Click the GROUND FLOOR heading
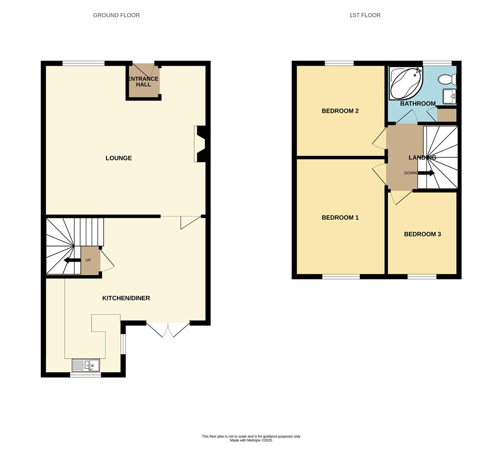click(116, 15)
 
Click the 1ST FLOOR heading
click(365, 15)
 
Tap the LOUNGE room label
click(118, 158)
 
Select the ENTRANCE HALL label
click(143, 81)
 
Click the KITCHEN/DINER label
click(126, 298)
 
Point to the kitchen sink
click(86, 365)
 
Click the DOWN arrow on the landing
click(426, 173)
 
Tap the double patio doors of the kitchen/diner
click(168, 330)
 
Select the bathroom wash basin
click(449, 96)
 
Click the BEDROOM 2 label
click(340, 111)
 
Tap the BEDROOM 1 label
click(340, 218)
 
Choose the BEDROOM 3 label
click(422, 234)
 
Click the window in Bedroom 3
click(422, 277)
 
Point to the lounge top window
click(83, 64)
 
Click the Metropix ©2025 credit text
click(251, 441)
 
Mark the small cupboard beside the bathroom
click(446, 115)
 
